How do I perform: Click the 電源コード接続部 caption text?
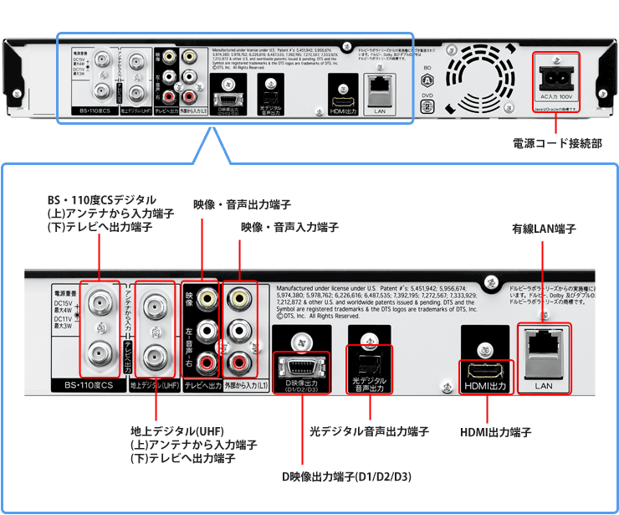point(556,144)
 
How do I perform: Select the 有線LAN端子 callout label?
point(544,229)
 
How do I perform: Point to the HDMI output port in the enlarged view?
point(485,369)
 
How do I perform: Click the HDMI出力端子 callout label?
point(496,432)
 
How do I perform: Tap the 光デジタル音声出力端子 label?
point(369,431)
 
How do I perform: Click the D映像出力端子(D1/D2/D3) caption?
point(346,477)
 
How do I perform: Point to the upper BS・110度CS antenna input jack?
point(100,299)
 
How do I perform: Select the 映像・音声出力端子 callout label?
point(242,204)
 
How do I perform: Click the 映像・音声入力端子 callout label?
point(289,227)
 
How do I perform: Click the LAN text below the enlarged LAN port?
point(544,386)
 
